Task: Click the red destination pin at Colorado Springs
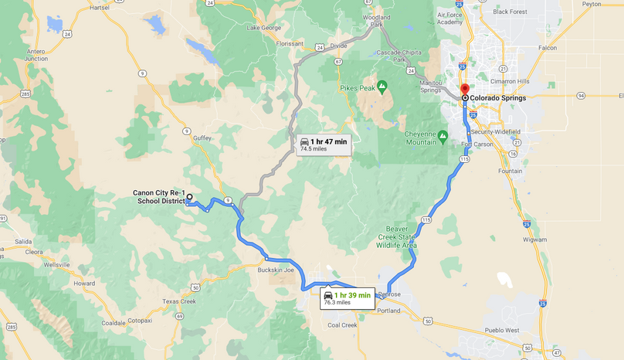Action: point(464,90)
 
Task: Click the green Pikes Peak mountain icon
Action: point(381,85)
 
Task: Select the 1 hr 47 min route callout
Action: point(324,144)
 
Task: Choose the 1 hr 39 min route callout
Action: point(348,298)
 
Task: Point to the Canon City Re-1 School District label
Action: point(159,197)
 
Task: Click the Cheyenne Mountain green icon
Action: point(443,136)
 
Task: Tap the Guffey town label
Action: point(202,138)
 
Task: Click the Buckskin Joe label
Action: point(276,270)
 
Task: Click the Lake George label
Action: point(263,28)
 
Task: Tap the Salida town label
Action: point(23,242)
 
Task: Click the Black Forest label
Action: point(510,12)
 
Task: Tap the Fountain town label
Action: point(511,171)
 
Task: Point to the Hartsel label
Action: point(100,7)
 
